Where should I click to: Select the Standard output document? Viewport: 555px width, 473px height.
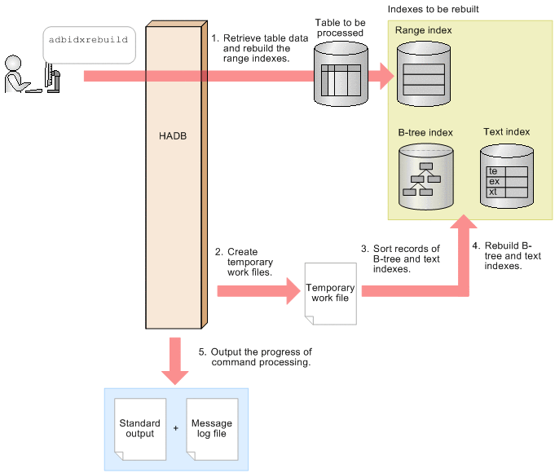[139, 429]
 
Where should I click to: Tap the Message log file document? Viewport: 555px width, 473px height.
[212, 429]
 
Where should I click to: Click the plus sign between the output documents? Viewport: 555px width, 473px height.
[175, 427]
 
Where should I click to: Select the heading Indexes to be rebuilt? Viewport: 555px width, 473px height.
[433, 9]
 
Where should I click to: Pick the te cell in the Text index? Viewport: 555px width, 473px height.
[493, 171]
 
